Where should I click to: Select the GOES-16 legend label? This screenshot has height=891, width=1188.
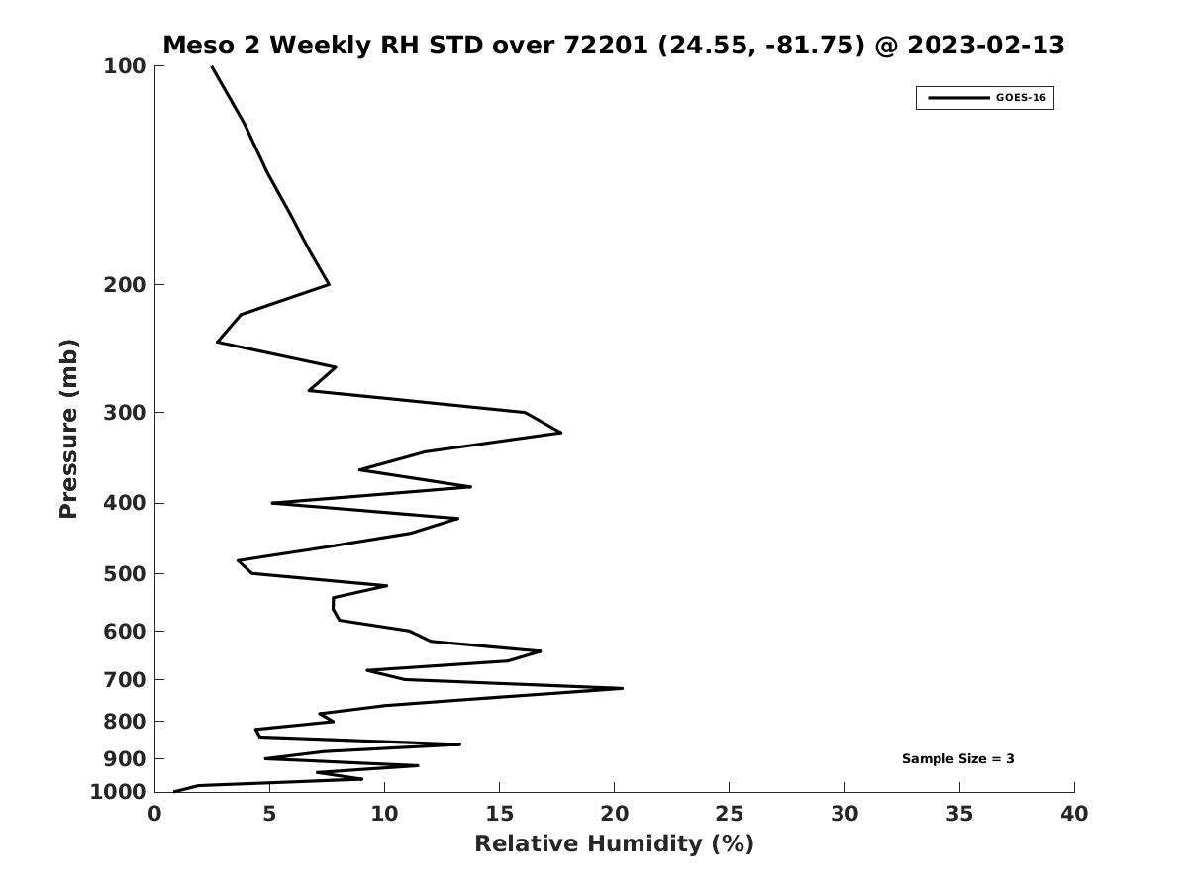coord(1021,98)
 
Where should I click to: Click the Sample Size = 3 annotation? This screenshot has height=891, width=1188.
coord(957,759)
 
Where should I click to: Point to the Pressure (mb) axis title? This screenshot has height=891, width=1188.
coord(68,429)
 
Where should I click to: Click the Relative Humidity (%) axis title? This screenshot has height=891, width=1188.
coord(614,844)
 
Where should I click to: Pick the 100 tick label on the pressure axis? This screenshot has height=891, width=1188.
coord(125,66)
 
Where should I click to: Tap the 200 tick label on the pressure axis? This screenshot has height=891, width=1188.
coord(125,285)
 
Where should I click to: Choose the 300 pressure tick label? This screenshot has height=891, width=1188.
coord(125,413)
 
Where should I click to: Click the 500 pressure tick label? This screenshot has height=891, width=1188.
coord(125,574)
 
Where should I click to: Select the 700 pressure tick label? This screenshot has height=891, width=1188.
coord(125,680)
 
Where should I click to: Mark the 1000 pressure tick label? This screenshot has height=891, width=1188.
coord(118,792)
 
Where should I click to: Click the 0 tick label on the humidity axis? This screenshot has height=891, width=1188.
coord(154,815)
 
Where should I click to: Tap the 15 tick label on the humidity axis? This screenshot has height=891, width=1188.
coord(499,815)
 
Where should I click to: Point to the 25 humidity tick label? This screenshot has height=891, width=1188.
coord(729,815)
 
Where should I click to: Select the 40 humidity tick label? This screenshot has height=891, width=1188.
coord(1074,815)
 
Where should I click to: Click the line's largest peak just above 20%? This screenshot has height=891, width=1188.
coord(623,688)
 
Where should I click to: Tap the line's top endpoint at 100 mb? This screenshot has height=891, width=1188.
coord(212,66)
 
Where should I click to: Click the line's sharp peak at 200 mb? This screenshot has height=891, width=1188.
coord(329,285)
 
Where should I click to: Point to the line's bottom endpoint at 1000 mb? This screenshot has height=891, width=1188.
coord(174,791)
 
